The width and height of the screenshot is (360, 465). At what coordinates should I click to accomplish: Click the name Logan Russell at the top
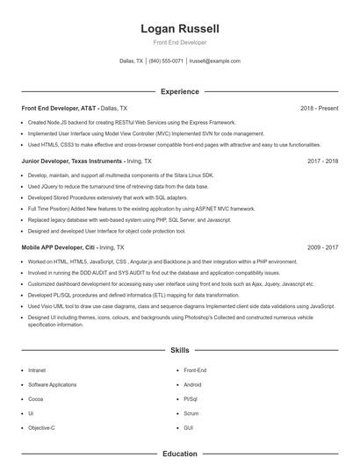pos(179,29)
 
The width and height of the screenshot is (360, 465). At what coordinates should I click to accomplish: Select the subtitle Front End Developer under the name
pos(179,42)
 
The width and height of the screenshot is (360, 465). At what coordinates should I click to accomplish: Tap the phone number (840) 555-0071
pos(166,61)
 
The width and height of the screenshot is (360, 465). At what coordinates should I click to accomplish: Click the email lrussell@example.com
pos(214,61)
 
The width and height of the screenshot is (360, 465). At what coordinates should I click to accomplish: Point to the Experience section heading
pos(179,91)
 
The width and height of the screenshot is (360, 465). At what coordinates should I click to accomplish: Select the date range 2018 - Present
pos(319,108)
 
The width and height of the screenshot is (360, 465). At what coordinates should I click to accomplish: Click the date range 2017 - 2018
pos(322,161)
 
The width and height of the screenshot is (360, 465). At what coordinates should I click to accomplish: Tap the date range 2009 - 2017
pos(322,248)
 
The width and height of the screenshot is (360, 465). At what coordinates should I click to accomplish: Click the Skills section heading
pos(179,349)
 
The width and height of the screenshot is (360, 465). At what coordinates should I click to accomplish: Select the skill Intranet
pos(38,371)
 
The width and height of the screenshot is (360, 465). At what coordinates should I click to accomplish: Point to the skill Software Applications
pos(52,385)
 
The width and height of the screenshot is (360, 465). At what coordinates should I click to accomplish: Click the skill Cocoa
pos(36,399)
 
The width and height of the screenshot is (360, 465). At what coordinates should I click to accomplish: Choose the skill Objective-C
pos(41,427)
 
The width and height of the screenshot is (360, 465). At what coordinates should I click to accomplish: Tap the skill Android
pos(192,385)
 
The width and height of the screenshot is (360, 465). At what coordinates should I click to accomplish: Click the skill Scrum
pos(191,413)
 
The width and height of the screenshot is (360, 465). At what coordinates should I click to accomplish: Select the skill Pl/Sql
pos(191,399)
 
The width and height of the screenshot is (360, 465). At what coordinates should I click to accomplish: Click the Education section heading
pos(179,454)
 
